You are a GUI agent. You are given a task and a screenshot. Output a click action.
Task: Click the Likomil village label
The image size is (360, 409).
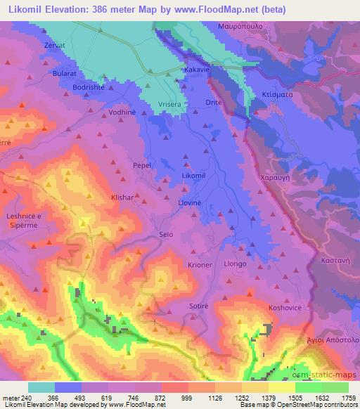(193, 174)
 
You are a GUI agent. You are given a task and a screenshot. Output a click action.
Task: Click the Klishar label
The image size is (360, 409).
(123, 198)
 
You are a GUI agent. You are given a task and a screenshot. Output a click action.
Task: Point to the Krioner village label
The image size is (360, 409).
(200, 264)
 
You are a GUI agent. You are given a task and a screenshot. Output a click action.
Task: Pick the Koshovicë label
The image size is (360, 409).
(284, 308)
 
